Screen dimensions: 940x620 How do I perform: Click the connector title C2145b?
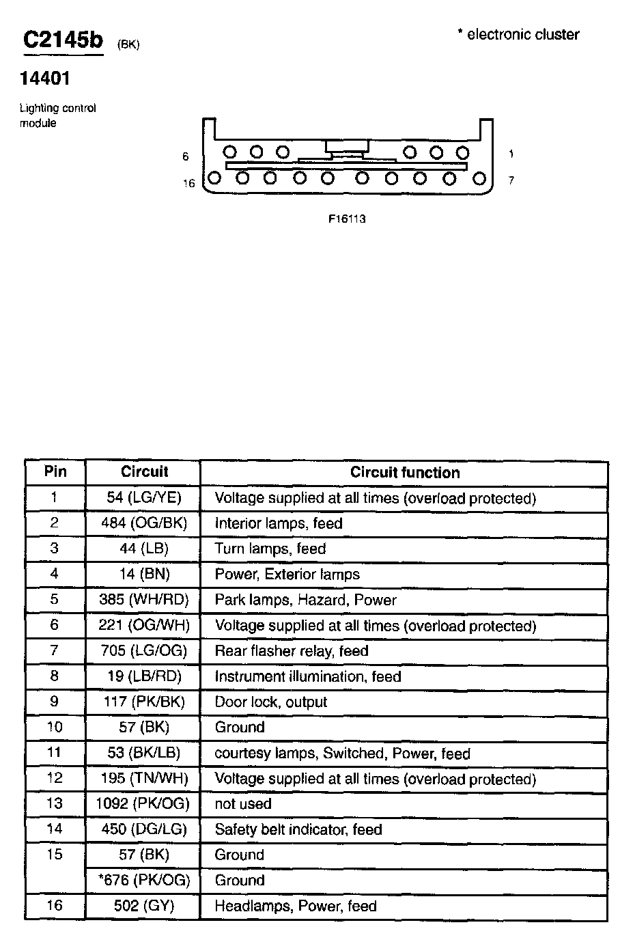pos(63,40)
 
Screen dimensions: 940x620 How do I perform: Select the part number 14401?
pos(45,79)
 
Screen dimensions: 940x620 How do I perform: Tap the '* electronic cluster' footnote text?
pos(518,35)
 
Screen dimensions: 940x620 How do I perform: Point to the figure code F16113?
pos(347,219)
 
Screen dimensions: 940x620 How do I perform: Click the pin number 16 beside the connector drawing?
pos(189,183)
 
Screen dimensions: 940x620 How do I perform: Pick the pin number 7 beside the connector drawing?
pos(511,181)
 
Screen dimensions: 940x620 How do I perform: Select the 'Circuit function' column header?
pos(405,473)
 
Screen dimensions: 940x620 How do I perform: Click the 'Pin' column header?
pos(55,472)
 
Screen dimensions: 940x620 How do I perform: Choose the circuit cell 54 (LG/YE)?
pos(144,498)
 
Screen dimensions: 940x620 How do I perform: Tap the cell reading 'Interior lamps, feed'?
pos(279,523)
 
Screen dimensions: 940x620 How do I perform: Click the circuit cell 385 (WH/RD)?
pos(144,600)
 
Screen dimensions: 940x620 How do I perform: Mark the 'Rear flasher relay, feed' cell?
pos(292,651)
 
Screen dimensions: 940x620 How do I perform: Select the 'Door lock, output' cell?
pos(271,702)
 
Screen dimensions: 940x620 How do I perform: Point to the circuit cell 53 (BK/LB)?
pos(144,754)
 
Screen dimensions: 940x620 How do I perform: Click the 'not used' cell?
pos(243,804)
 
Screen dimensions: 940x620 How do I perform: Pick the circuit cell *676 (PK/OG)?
pos(144,881)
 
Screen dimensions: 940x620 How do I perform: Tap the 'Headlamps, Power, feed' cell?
pos(296,907)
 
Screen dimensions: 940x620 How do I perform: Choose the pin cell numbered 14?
pos(55,829)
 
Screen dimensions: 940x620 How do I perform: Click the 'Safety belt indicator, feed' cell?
pos(298,830)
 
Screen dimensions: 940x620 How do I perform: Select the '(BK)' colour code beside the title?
pos(128,45)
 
